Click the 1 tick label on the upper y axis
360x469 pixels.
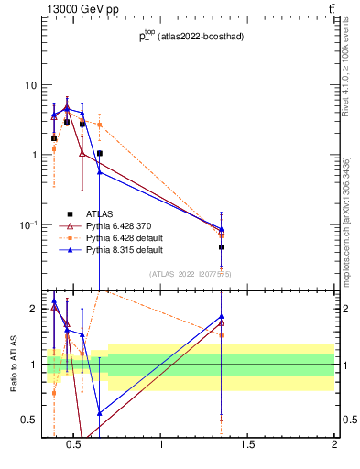point(34,155)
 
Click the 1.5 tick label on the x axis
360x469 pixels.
point(247,445)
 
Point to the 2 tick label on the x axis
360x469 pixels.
point(334,445)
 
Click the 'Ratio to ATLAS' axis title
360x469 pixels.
point(13,365)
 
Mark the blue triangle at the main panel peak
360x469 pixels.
point(67,107)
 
